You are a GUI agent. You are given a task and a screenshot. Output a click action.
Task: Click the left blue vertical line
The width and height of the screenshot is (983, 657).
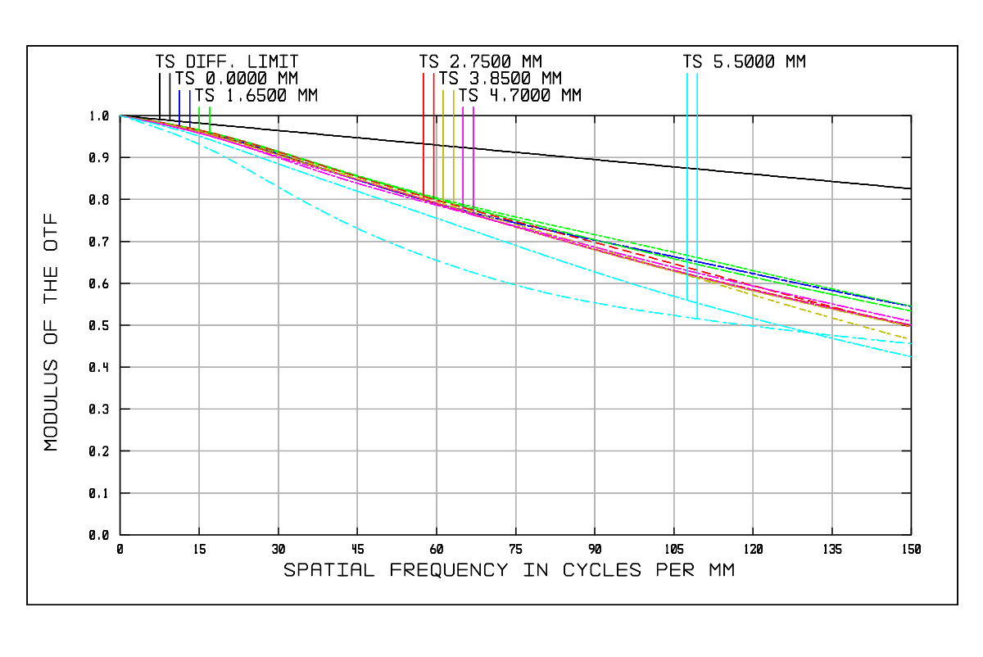click(x=179, y=106)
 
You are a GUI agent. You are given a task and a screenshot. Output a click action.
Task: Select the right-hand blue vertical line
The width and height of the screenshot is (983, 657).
click(x=190, y=106)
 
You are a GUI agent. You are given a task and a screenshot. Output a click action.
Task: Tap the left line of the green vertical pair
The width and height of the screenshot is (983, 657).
click(x=199, y=117)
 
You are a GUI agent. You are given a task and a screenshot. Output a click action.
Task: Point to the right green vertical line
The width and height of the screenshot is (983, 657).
click(x=210, y=117)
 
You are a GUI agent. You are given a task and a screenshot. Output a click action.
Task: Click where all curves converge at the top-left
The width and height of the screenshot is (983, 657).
click(x=121, y=116)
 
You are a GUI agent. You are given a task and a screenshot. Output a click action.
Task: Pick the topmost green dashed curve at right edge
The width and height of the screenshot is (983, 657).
click(x=910, y=305)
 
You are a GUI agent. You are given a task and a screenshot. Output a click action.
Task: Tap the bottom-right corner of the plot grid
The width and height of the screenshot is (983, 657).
click(x=911, y=535)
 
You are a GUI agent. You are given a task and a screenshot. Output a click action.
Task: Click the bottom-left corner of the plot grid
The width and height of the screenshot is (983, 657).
click(x=120, y=535)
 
